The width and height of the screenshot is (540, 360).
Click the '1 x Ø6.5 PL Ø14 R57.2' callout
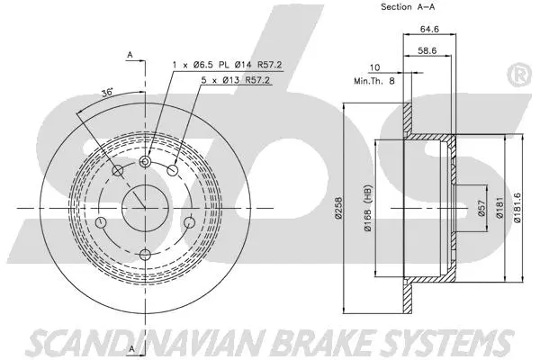pos(214,64)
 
